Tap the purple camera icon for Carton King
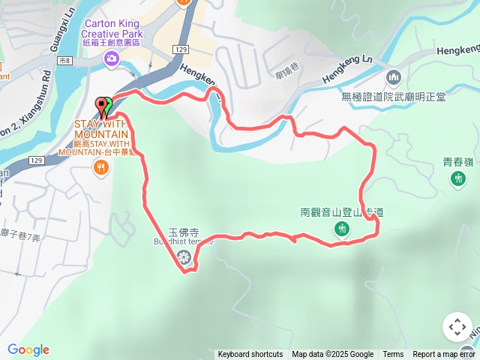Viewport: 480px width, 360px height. click(x=112, y=58)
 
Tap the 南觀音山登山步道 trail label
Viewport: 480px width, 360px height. click(x=342, y=212)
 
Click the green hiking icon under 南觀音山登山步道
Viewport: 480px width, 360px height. click(x=342, y=229)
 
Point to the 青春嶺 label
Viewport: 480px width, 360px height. click(x=457, y=160)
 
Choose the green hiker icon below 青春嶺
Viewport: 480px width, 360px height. click(x=457, y=178)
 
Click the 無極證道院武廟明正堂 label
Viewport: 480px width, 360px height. click(x=394, y=97)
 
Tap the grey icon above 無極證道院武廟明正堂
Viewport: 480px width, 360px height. click(x=394, y=77)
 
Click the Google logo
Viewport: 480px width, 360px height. click(x=28, y=349)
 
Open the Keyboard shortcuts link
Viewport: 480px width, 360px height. click(x=250, y=355)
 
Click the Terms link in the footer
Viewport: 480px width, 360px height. click(x=393, y=355)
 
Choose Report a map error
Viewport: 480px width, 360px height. click(x=444, y=355)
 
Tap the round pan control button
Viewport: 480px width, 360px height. click(x=457, y=327)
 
